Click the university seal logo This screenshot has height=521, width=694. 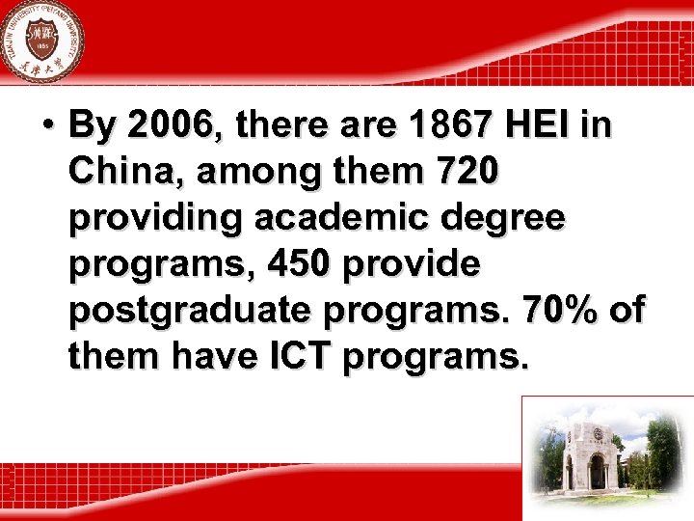click(41, 41)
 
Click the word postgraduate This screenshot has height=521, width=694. click(191, 311)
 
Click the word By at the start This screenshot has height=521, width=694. click(93, 125)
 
